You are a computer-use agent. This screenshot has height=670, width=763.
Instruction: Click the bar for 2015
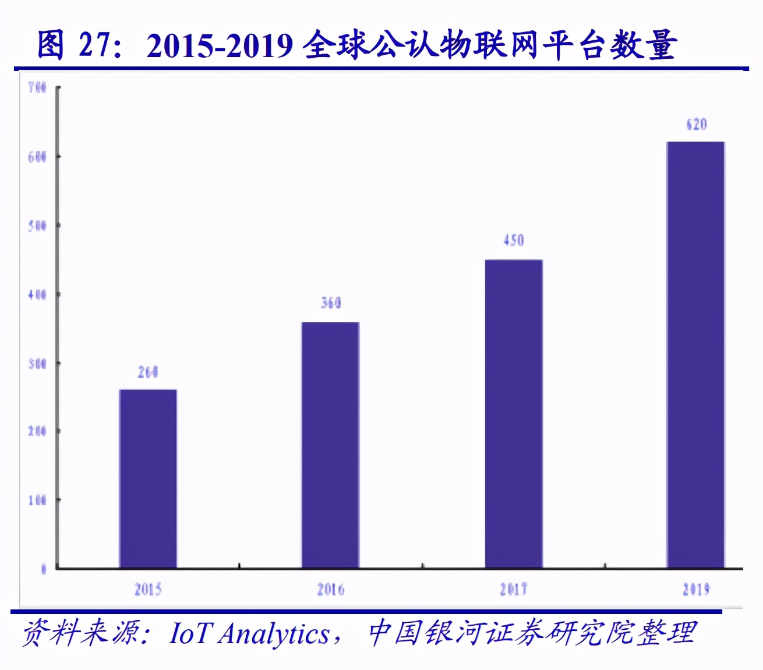point(148,478)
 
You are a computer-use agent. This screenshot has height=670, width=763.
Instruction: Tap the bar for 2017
point(513,414)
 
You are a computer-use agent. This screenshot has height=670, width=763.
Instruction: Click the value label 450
point(513,240)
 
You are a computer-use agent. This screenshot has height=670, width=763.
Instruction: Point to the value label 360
point(330,302)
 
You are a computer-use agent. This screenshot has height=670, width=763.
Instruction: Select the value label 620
point(696,124)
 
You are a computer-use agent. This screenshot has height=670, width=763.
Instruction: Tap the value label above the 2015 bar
point(148,372)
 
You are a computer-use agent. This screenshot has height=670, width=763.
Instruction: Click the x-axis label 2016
point(330,590)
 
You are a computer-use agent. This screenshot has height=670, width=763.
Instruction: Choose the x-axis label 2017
point(513,590)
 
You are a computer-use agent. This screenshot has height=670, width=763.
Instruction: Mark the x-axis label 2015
point(148,590)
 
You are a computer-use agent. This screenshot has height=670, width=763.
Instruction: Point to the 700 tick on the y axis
point(37,88)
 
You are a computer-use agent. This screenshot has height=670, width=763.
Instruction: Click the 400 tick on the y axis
point(37,295)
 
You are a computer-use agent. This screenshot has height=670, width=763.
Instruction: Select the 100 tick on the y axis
point(37,500)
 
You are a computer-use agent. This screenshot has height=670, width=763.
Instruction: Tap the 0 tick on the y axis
point(43,569)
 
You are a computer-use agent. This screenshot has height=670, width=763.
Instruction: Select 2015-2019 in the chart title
point(220,45)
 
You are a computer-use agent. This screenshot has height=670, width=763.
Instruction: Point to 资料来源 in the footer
point(81,633)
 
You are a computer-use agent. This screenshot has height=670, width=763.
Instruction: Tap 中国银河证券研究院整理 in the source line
point(532,633)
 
